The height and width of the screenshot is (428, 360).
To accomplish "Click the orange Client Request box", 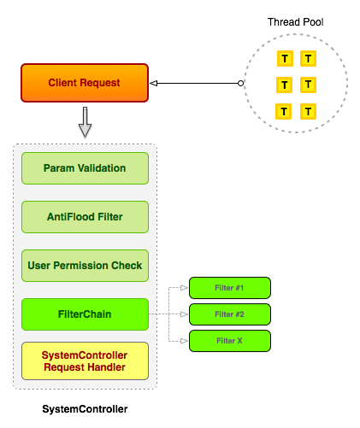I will click(x=84, y=83).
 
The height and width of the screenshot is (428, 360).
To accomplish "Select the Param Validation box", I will click(x=85, y=167).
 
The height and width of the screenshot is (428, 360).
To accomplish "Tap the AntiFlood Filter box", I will click(x=85, y=217).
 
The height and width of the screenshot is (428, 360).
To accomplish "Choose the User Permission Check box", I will click(x=85, y=266).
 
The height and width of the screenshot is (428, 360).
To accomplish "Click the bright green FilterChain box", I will click(x=85, y=314).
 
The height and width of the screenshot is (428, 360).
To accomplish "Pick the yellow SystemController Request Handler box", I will click(x=85, y=361).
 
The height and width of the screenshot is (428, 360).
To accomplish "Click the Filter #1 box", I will click(x=229, y=287).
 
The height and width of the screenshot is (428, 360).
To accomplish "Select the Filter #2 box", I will click(x=229, y=314).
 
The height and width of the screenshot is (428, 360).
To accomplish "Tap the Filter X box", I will click(x=229, y=341).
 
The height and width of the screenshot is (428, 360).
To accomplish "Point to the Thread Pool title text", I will click(x=295, y=21).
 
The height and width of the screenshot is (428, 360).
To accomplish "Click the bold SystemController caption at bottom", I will click(x=85, y=409).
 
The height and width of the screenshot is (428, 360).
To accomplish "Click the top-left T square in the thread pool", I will click(x=284, y=59).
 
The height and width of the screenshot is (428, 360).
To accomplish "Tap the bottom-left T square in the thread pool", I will click(x=284, y=111).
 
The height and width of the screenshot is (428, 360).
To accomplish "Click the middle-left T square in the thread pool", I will click(x=284, y=85).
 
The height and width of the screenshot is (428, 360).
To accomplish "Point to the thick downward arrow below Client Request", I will click(x=84, y=122).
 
